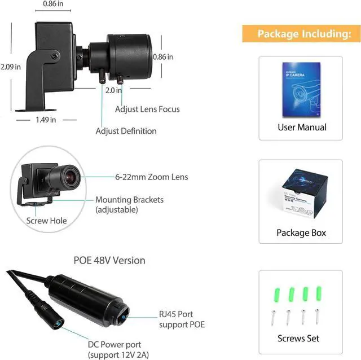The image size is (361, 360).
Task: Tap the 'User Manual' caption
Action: (x=302, y=128)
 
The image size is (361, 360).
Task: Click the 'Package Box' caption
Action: (x=301, y=232)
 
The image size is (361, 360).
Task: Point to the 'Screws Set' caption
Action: (x=298, y=339)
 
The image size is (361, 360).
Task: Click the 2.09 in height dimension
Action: (x=11, y=67)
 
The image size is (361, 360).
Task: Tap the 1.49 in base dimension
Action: (x=46, y=120)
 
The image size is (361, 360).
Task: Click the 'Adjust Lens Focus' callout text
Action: (x=147, y=109)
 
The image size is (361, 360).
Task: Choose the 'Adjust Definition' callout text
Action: (x=126, y=131)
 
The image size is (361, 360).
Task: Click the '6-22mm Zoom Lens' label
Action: (x=151, y=177)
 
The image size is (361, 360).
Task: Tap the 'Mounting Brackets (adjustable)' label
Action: (x=129, y=205)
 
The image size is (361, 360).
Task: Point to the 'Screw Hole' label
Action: (x=45, y=221)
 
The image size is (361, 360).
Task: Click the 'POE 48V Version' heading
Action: (x=109, y=261)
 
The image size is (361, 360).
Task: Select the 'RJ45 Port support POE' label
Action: (x=182, y=319)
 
